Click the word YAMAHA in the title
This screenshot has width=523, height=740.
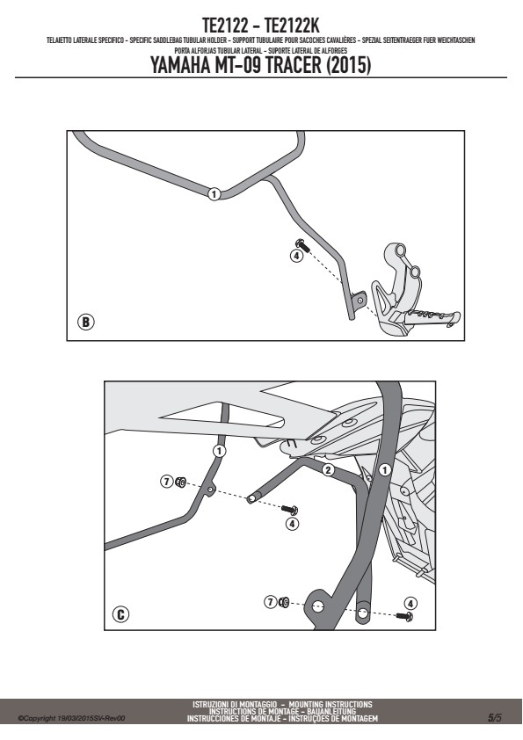pos(181,66)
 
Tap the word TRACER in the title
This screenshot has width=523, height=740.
pos(291,66)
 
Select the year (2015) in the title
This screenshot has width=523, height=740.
pos(348,66)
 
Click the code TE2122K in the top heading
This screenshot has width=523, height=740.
pos(292,25)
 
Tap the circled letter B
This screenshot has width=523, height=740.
pos(86,322)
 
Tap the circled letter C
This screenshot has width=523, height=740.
pos(120,615)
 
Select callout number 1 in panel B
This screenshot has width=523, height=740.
pos(214,194)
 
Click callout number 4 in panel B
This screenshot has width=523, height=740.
pos(296,256)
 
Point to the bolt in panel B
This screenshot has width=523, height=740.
pos(301,245)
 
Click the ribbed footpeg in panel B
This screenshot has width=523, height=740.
pos(432,318)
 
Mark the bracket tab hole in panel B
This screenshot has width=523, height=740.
pos(361,299)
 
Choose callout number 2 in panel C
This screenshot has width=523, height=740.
pos(328,469)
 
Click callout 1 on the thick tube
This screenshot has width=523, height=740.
pos(385,470)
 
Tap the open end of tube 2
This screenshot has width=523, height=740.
pos(251,498)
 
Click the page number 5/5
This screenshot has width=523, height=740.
pos(495,718)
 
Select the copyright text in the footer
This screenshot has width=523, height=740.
pos(71,718)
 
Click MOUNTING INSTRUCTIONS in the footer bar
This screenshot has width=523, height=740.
pos(331,705)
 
